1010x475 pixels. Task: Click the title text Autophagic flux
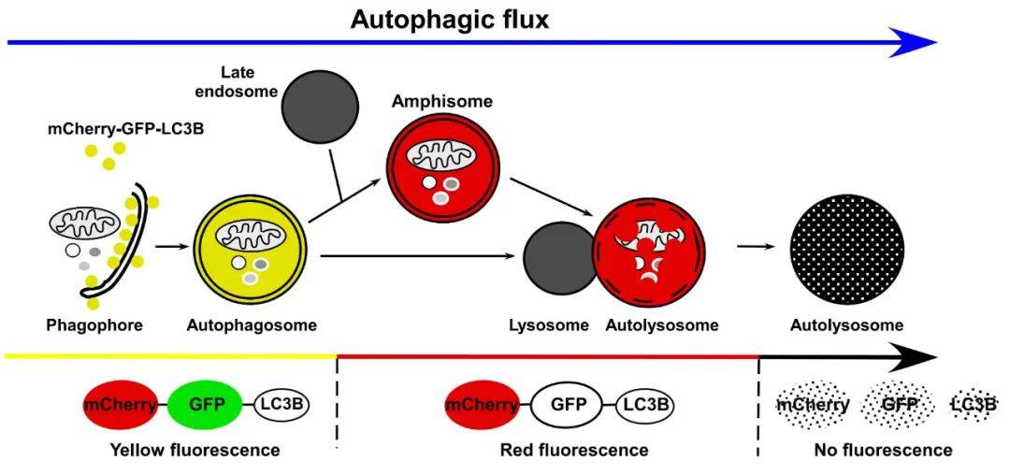coord(450,20)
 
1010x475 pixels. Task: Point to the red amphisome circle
coord(443,169)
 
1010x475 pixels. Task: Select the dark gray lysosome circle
coord(558,264)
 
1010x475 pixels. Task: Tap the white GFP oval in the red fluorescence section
coord(568,405)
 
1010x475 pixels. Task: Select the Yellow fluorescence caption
coord(195,449)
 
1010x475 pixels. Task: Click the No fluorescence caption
coord(883,449)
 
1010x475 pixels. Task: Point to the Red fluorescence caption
coord(574,449)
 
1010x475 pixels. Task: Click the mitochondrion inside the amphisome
coord(442,156)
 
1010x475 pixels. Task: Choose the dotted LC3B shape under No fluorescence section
coord(974,405)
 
